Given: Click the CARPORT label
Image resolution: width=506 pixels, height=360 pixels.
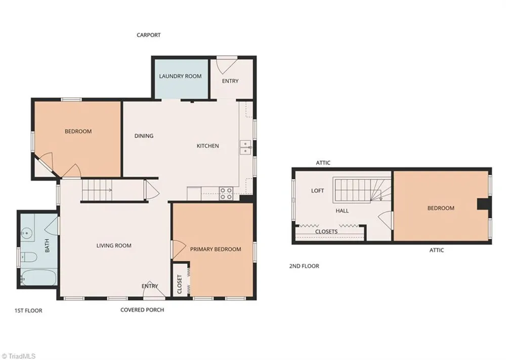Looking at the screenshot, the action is coord(148,35).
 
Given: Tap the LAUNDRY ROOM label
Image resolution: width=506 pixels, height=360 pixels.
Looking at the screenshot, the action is coord(180,76).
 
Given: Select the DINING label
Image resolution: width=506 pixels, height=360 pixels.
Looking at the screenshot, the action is coord(144,136).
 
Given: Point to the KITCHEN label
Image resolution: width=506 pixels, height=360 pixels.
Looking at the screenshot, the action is coord(208,146).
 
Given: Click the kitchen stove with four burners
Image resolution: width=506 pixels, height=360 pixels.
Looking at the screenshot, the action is coord(226,193).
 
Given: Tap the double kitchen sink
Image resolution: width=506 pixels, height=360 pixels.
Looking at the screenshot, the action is coord(245,147).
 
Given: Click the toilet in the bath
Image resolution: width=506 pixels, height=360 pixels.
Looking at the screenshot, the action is coord(29,257).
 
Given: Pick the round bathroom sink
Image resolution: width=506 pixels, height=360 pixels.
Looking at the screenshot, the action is coord(27,232).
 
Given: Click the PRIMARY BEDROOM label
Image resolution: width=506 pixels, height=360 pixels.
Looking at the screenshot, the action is coord(216,249).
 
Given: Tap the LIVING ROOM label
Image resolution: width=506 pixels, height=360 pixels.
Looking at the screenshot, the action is coord(114,246).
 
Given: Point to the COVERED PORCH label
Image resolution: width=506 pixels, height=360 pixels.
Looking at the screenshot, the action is coord(142,310).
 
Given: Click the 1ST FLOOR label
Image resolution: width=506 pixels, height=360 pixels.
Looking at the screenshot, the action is coord(28,310).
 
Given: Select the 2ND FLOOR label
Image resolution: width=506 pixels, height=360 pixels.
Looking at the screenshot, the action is coord(304,266).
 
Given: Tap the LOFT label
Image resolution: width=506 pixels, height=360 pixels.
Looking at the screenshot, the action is coord(318,191).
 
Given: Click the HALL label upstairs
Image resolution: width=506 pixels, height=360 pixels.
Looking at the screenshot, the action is coord(342,211).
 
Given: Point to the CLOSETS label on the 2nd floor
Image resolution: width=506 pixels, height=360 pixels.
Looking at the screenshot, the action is coord(326,231).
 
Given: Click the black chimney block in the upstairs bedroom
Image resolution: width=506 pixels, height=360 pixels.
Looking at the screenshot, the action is coord(483,204).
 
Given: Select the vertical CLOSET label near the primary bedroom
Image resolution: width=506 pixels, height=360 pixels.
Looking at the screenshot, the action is coord(180,285).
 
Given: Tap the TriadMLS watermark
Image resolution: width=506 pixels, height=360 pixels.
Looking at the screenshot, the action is coord(18,356).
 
